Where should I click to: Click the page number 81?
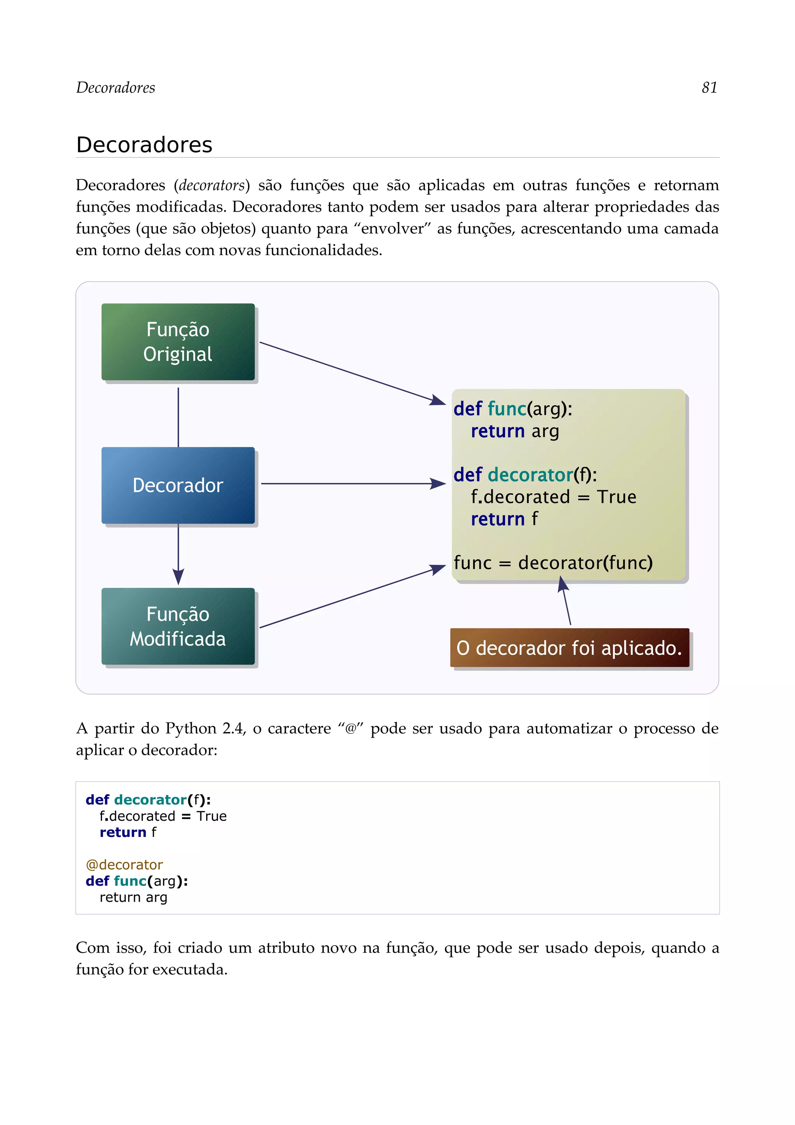(x=709, y=88)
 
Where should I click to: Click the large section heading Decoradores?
(x=144, y=145)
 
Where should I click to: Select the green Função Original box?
(x=178, y=342)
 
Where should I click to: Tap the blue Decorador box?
(x=178, y=485)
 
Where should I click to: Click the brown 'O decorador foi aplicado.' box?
(x=569, y=648)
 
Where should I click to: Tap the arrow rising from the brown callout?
(x=566, y=602)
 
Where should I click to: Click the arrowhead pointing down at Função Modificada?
(x=178, y=576)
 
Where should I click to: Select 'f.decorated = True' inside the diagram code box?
(x=553, y=497)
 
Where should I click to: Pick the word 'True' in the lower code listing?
(x=211, y=816)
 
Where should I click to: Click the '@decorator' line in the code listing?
(x=124, y=865)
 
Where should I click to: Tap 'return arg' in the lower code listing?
(x=133, y=897)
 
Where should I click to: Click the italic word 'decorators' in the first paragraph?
(x=212, y=185)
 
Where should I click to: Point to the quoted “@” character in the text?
(x=350, y=729)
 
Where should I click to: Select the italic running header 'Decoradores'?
(x=116, y=88)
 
